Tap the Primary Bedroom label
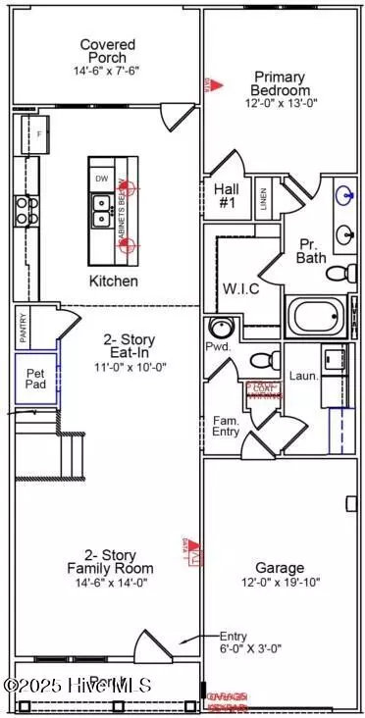pyautogui.click(x=280, y=84)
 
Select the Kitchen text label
pyautogui.click(x=114, y=282)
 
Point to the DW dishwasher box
pyautogui.click(x=102, y=179)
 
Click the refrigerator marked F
pyautogui.click(x=39, y=132)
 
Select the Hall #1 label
pyautogui.click(x=227, y=195)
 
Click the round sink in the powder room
pyautogui.click(x=219, y=328)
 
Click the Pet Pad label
pyautogui.click(x=35, y=377)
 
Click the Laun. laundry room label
pyautogui.click(x=302, y=375)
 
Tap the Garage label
pyautogui.click(x=280, y=567)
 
